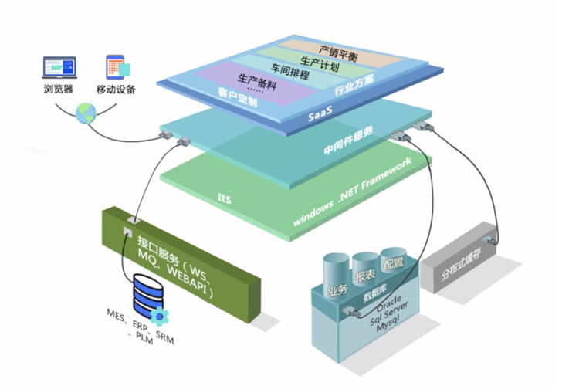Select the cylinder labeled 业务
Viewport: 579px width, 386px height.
tap(337, 283)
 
